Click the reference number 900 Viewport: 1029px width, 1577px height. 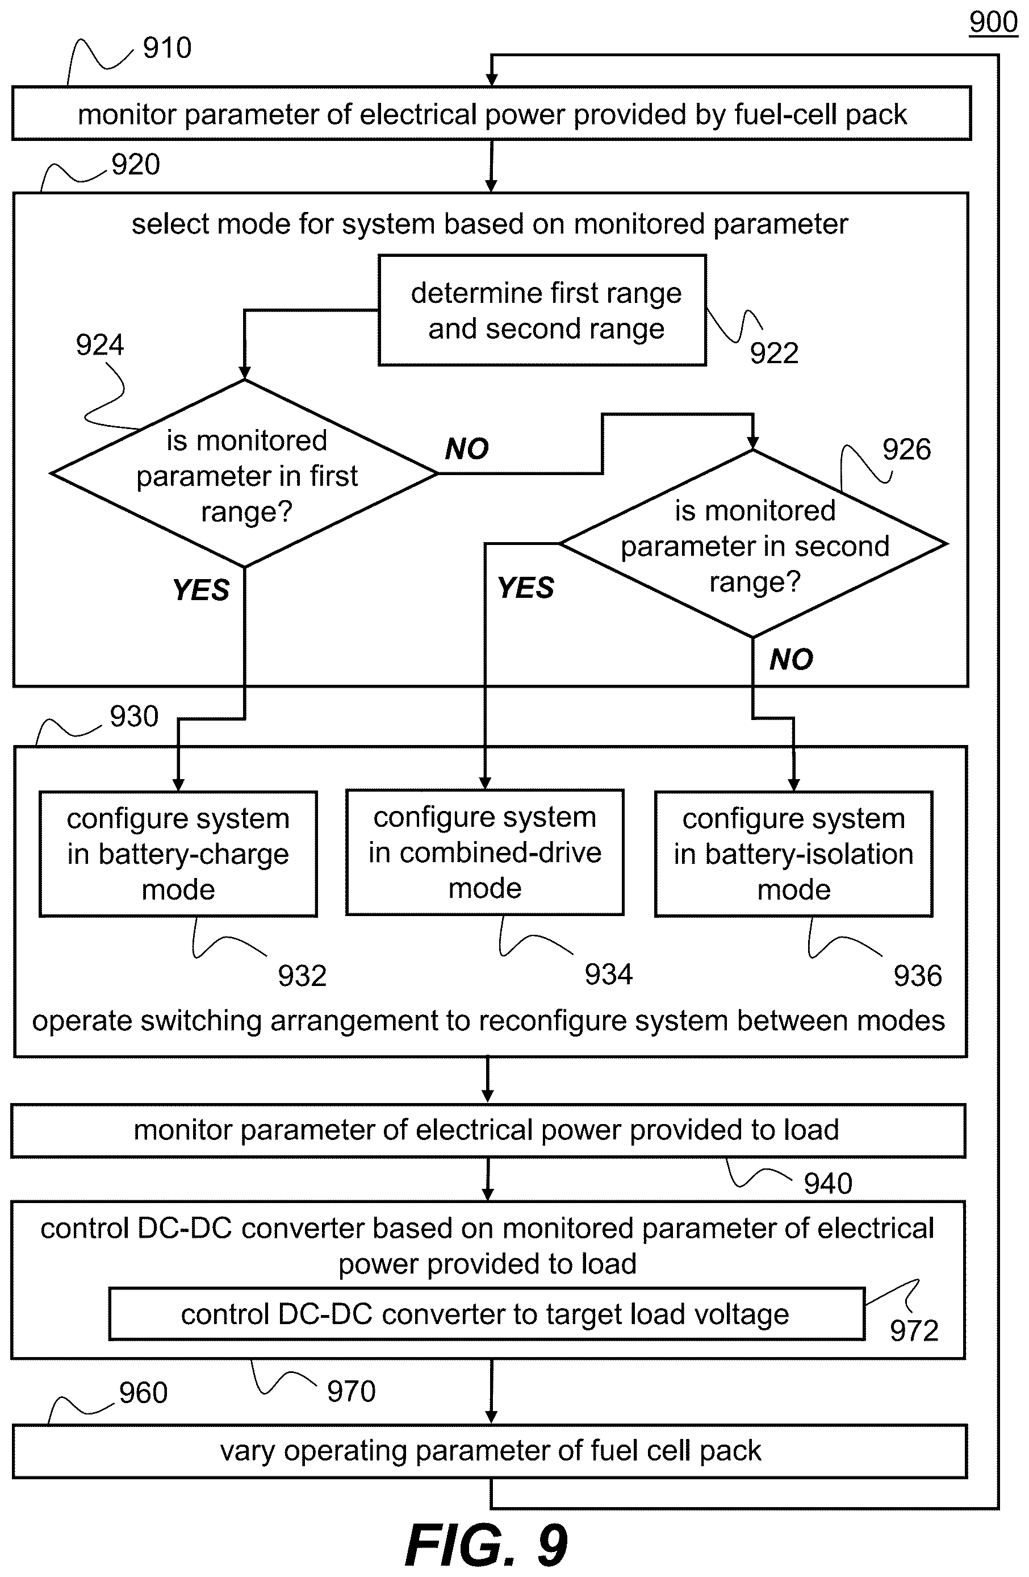point(993,22)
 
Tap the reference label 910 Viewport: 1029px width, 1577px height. point(167,48)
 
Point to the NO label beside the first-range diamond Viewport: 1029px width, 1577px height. point(467,450)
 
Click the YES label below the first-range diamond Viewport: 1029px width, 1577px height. point(200,590)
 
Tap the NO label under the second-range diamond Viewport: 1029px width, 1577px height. point(791,659)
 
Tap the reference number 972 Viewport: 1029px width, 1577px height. point(914,1330)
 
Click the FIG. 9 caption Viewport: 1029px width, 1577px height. point(487,1545)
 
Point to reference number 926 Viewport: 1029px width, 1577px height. point(906,450)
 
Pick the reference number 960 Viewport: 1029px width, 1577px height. point(143,1392)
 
